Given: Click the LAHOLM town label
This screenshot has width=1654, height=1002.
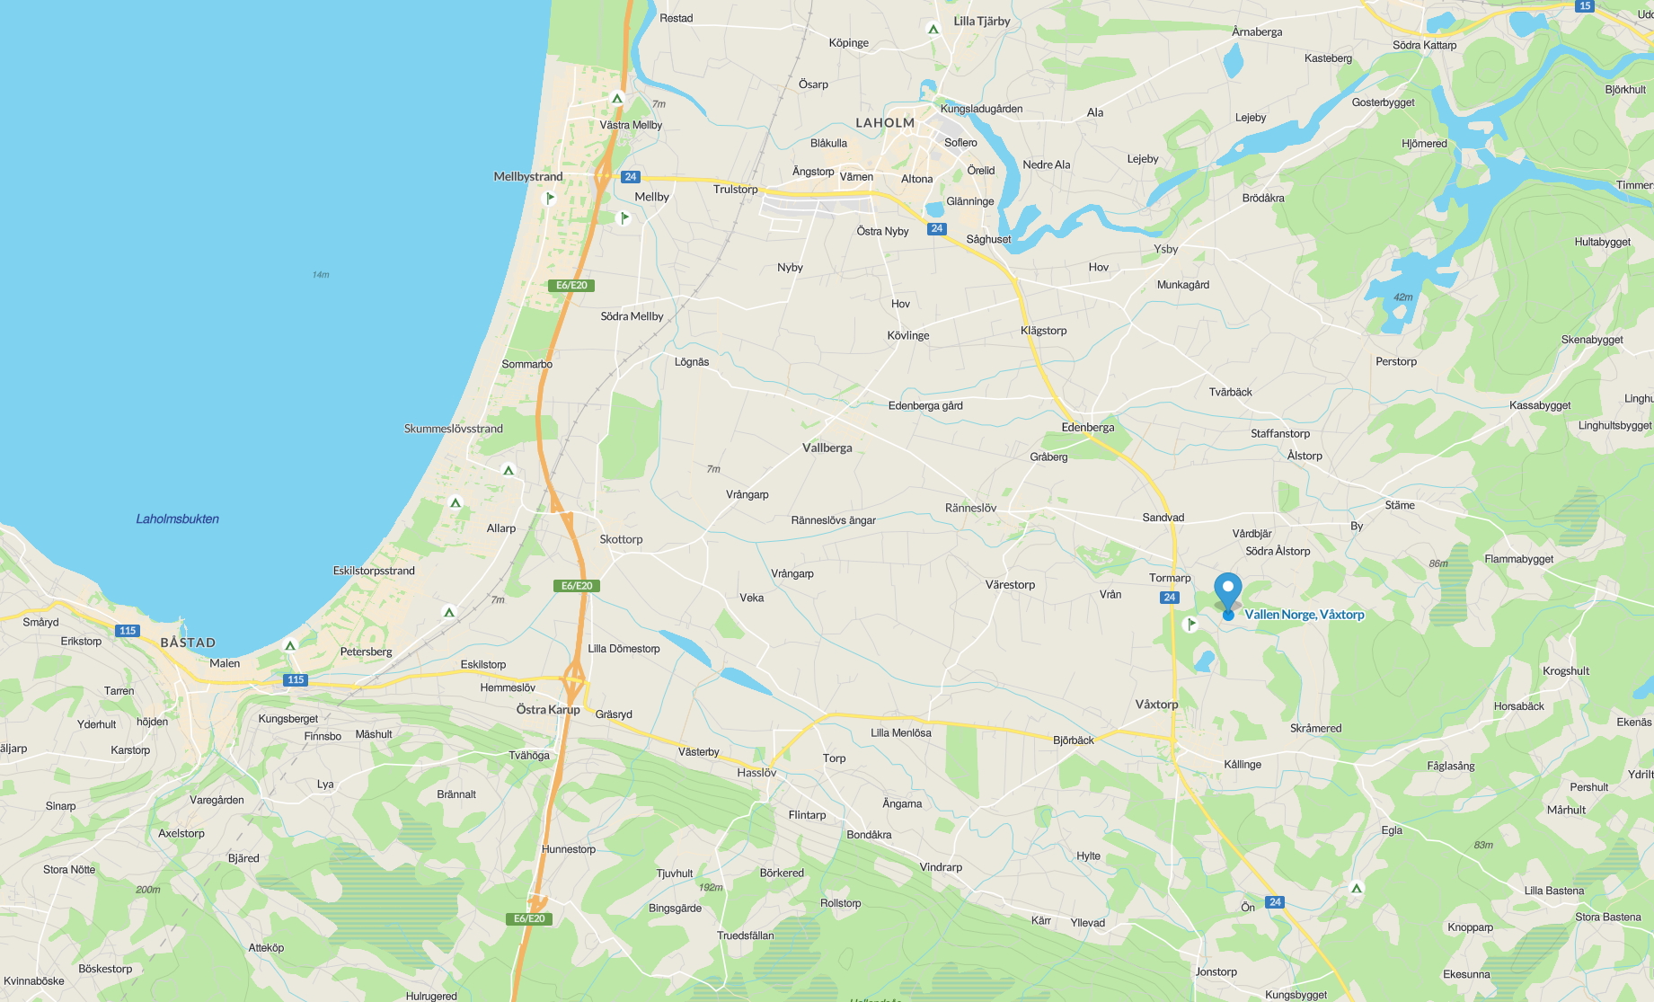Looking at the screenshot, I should tap(885, 123).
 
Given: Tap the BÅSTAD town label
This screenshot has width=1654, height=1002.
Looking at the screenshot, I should tap(188, 643).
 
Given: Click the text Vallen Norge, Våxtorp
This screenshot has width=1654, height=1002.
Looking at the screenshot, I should tap(1305, 615).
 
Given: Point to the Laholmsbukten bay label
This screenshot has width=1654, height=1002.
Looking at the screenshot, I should tap(177, 519).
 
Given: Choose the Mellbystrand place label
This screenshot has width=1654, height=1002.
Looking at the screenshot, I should tap(528, 176).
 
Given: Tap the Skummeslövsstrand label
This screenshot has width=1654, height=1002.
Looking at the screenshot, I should tap(454, 429).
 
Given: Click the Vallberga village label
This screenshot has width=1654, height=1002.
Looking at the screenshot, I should tap(827, 448).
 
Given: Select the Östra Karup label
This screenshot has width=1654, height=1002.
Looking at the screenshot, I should tap(548, 709).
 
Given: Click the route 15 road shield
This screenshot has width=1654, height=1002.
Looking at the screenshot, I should tap(1585, 6).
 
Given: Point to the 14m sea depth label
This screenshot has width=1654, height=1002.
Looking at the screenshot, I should tap(321, 274).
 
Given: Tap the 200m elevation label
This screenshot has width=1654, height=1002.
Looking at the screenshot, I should tap(148, 890).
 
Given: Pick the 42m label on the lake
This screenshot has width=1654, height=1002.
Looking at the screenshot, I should tap(1402, 297).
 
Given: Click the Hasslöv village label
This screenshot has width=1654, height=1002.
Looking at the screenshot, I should tap(756, 773).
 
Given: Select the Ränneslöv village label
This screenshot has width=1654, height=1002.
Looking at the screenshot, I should tap(970, 508).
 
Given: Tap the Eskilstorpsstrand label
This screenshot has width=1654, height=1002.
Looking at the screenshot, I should tap(374, 571).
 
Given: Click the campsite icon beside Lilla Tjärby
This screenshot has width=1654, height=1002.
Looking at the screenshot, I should tap(933, 30).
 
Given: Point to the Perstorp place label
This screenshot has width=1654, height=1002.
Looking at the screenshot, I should tap(1395, 361).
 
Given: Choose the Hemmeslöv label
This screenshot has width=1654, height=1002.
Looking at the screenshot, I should tap(508, 687).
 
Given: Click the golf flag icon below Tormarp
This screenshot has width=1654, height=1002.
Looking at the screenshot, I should tap(1191, 624).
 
